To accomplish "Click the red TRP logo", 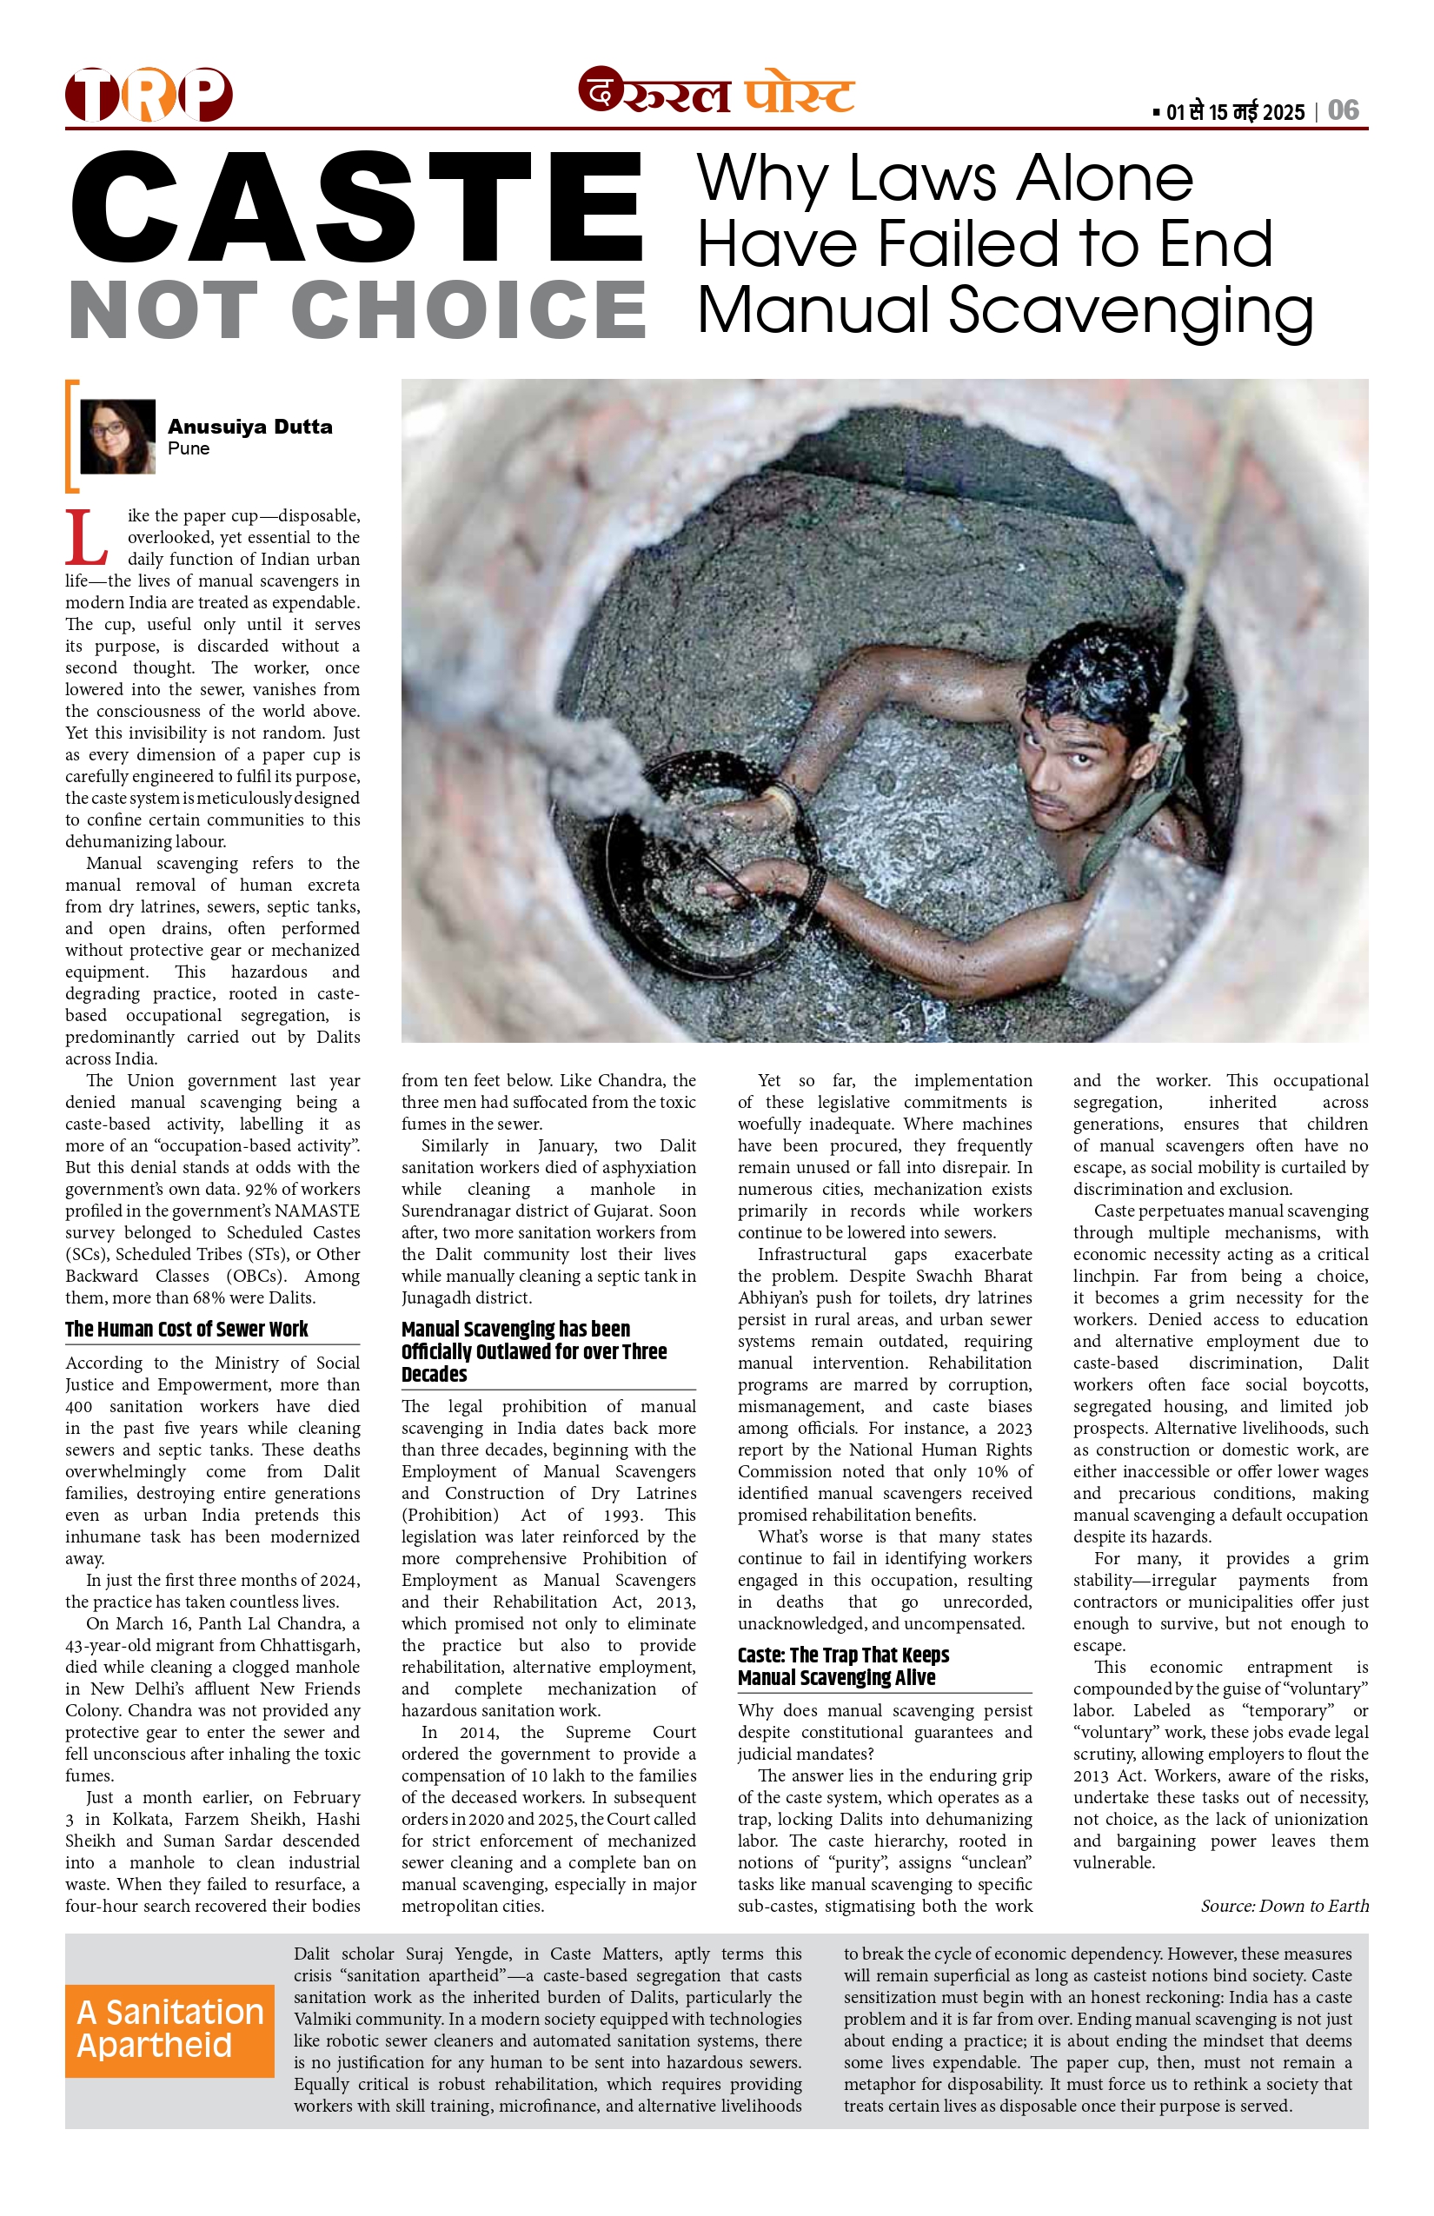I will click(x=149, y=94).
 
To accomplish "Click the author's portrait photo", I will click(x=117, y=436).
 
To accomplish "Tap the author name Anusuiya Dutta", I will click(x=249, y=427).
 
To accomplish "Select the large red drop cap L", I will click(x=86, y=538).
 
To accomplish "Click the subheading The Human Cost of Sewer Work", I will click(x=186, y=1329).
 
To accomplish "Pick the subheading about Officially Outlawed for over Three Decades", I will click(x=534, y=1351).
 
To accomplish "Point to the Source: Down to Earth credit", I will click(x=1285, y=1906).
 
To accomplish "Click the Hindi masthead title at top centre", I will click(x=717, y=92).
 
